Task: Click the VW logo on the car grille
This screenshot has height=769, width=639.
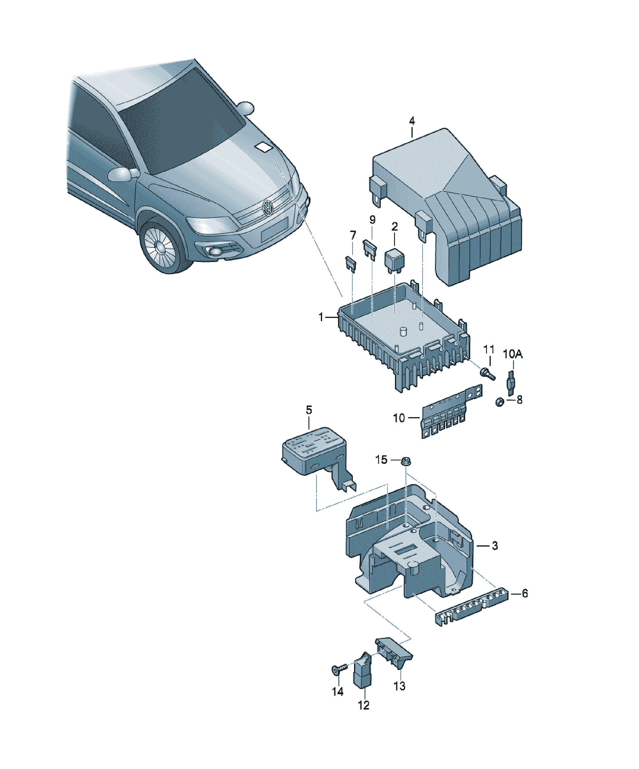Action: [x=268, y=208]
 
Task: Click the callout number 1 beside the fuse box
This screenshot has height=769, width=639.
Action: [x=321, y=317]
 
